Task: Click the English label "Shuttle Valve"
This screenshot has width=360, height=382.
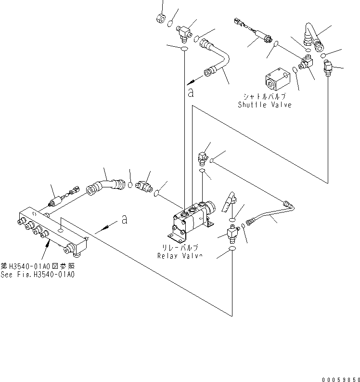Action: coord(265,105)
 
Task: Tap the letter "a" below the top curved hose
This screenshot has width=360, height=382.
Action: coord(191,92)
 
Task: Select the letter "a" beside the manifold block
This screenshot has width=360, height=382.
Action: coord(125,219)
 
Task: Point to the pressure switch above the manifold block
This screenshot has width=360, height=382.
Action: coord(59,199)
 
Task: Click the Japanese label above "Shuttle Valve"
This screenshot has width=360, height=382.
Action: coord(265,96)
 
